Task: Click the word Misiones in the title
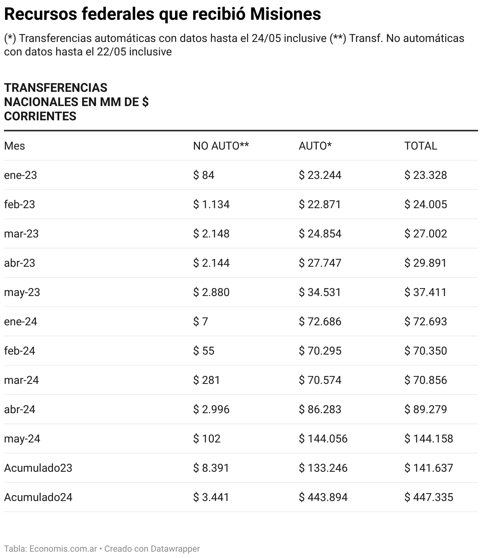[285, 14]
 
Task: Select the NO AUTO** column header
[221, 146]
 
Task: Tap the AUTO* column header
[315, 146]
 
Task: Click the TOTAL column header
[420, 146]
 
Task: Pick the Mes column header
[15, 146]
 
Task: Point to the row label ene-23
[21, 175]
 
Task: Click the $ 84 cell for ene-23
[203, 175]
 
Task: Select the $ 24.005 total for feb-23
[426, 205]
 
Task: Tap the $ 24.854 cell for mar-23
[320, 234]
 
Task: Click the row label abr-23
[20, 263]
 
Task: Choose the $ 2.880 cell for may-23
[211, 292]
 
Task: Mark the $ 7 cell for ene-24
[200, 322]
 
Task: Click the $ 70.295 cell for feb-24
[320, 351]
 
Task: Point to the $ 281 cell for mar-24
[206, 380]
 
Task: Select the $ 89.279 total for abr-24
[426, 410]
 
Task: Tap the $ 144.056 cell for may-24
[323, 439]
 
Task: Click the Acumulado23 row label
[38, 468]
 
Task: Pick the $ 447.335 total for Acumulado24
[429, 497]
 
